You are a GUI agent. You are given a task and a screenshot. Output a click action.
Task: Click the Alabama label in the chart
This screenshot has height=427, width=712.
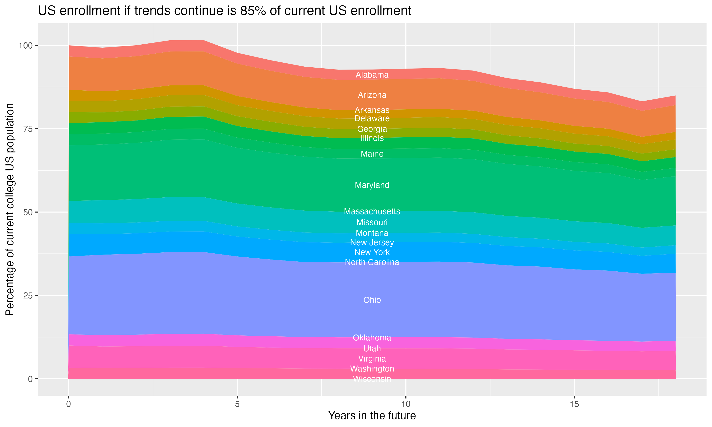point(372,75)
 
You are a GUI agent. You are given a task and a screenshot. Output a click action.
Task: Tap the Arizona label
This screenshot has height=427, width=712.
point(372,95)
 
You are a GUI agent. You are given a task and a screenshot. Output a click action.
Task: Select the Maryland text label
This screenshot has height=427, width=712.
point(372,185)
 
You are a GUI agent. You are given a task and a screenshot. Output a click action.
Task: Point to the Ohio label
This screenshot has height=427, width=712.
point(372,300)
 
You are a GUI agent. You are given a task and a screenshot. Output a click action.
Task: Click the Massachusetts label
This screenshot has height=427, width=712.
point(372,212)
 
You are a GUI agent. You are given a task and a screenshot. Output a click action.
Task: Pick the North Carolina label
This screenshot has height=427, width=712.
point(372,262)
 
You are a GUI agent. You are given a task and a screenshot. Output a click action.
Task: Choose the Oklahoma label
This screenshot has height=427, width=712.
point(372,338)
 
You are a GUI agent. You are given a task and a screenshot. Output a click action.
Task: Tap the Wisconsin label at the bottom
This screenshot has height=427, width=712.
point(372,379)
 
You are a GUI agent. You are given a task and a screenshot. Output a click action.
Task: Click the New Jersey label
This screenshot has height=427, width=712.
point(372,243)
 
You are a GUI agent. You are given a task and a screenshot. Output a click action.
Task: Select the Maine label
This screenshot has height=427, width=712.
point(372,154)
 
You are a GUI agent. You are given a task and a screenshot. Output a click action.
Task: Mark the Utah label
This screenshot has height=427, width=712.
point(372,348)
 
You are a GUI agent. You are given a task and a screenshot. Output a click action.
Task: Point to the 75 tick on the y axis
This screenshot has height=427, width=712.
point(28,129)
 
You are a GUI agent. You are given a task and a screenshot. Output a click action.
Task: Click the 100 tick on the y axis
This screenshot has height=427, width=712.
point(26,46)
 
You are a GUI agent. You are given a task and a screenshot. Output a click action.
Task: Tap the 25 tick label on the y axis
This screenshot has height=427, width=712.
point(28,296)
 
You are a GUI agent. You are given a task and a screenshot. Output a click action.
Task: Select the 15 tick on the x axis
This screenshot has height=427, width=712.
point(574,404)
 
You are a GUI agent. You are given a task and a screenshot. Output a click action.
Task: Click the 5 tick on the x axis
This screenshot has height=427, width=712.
point(237,404)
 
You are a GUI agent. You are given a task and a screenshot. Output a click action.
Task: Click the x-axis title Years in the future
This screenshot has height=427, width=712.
point(372,415)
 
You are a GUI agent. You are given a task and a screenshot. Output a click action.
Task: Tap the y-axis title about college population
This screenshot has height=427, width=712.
point(10,209)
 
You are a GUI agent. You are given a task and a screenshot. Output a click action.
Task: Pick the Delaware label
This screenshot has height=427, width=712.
point(372,119)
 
